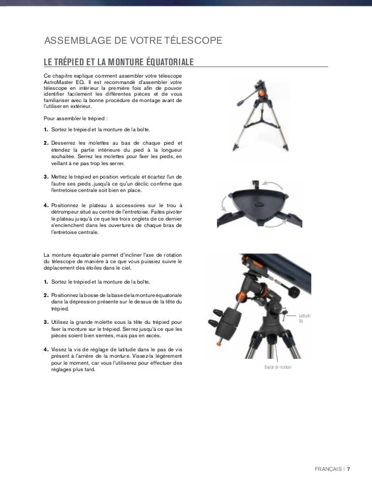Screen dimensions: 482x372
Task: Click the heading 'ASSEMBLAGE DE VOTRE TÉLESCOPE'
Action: [134, 41]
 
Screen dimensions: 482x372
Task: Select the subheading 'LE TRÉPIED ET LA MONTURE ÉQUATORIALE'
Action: [119, 62]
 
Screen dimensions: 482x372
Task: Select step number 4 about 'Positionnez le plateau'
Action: [46, 205]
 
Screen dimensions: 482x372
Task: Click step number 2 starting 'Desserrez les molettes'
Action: [46, 142]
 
